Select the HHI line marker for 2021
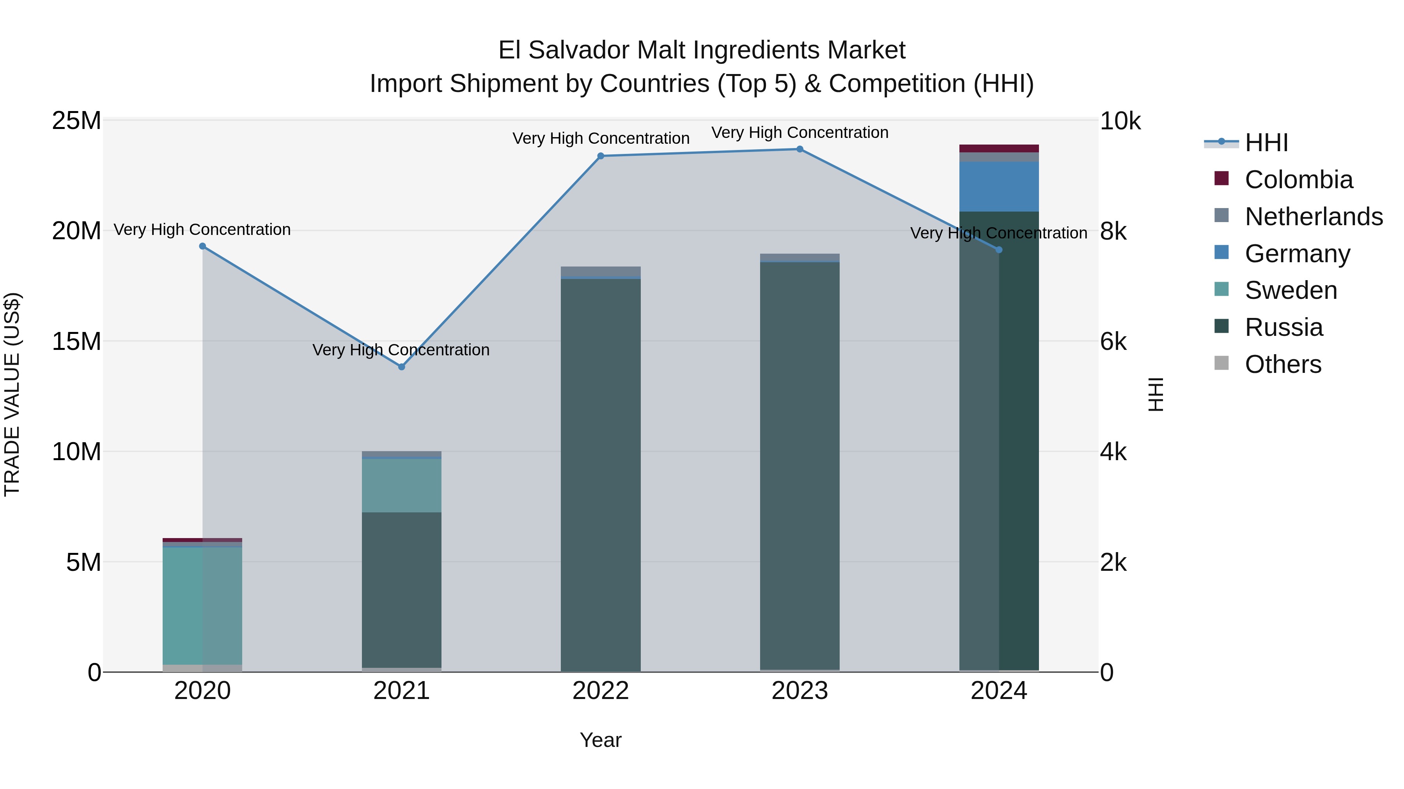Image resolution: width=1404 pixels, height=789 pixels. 402,367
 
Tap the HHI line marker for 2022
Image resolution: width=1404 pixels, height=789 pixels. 601,156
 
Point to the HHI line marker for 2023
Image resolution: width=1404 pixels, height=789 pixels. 799,149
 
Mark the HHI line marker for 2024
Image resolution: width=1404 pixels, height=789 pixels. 999,250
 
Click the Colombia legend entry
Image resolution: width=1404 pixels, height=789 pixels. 1298,180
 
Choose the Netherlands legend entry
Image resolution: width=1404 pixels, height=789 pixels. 1314,217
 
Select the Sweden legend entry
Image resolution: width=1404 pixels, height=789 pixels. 1291,290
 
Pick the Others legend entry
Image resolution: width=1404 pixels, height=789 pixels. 1283,364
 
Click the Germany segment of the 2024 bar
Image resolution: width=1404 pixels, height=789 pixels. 999,186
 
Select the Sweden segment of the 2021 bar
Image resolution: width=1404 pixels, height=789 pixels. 402,485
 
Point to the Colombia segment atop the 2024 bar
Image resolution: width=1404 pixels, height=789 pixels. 999,148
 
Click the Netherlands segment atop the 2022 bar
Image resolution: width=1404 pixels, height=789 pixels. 601,271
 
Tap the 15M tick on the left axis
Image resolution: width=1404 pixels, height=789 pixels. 76,341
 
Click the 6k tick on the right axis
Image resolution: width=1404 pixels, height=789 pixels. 1113,341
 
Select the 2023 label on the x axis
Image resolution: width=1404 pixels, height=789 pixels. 799,691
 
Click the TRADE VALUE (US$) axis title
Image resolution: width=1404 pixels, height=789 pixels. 12,394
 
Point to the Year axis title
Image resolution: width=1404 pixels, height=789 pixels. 601,740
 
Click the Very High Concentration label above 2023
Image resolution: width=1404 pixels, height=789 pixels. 799,133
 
